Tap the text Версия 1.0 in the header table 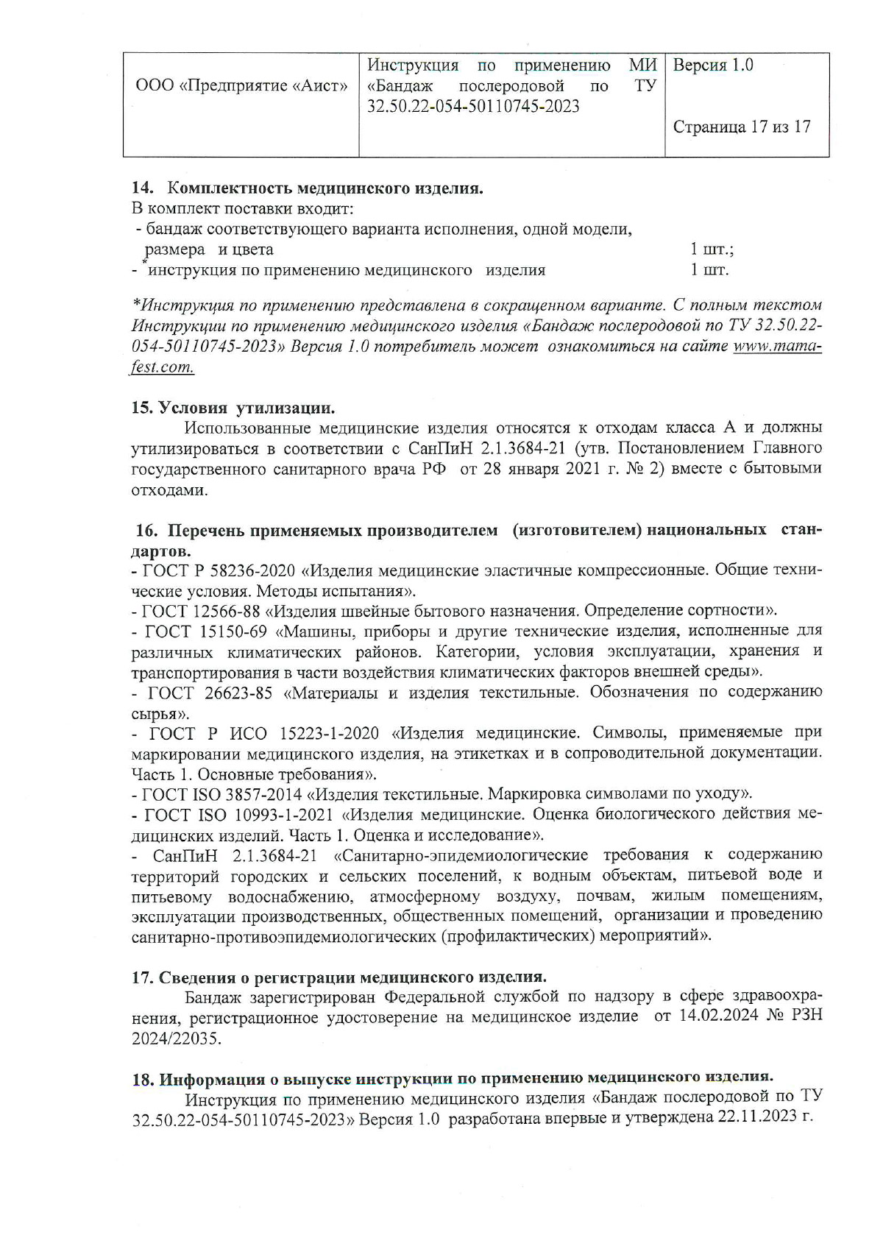click(x=713, y=66)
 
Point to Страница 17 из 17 click(x=742, y=127)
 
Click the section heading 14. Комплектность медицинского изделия click(x=308, y=188)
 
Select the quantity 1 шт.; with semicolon click(x=712, y=250)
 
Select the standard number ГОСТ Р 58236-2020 click(x=218, y=570)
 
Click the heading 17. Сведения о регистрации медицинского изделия click(x=339, y=977)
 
